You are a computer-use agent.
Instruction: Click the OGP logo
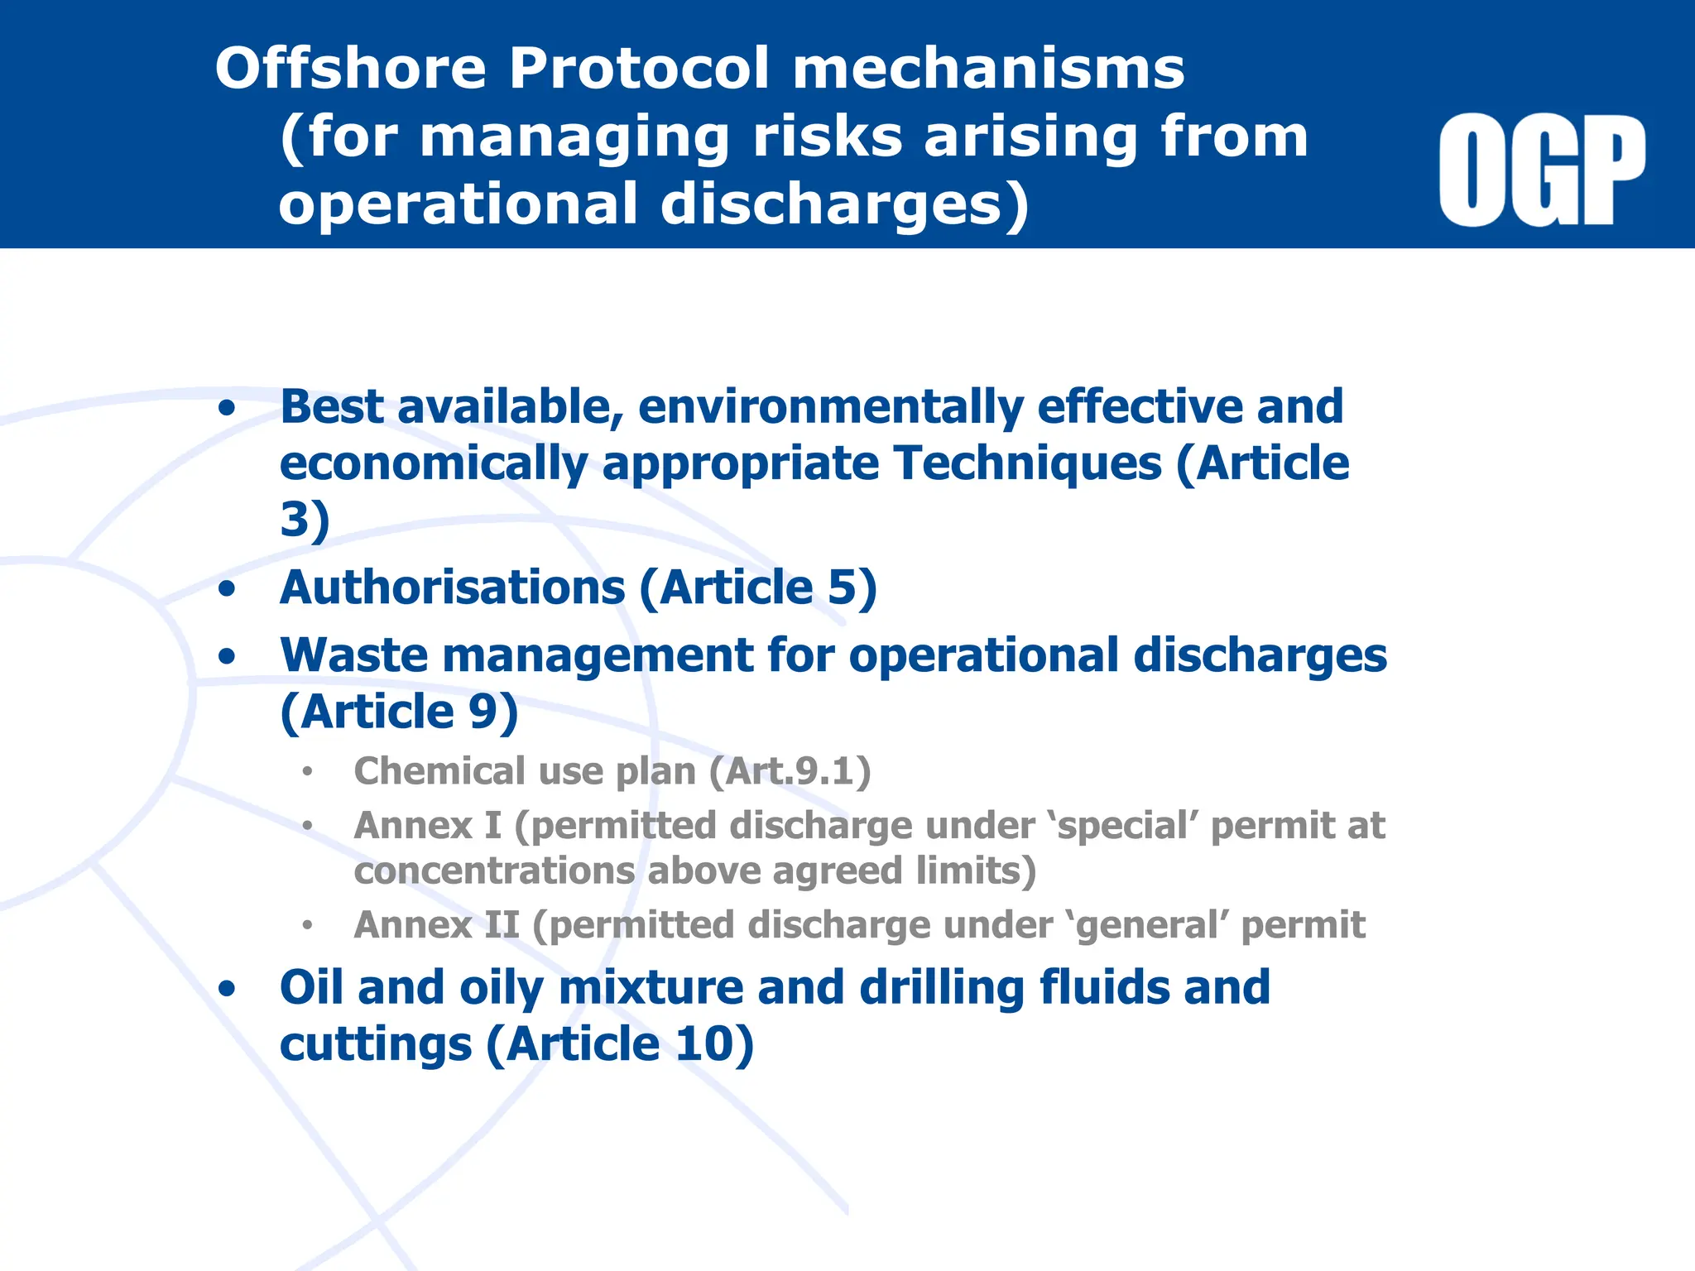(x=1542, y=170)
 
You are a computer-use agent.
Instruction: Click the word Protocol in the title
(x=639, y=68)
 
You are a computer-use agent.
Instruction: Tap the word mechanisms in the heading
(x=988, y=68)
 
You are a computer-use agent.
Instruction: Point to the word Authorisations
(x=452, y=588)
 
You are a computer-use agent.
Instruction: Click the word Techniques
(x=1026, y=463)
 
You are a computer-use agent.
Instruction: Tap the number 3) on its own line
(x=305, y=520)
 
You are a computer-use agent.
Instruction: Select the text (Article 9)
(x=399, y=712)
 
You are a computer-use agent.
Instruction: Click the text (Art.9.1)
(x=790, y=771)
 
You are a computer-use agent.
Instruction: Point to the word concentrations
(x=494, y=871)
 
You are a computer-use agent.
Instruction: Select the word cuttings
(x=375, y=1044)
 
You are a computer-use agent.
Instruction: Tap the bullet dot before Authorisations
(x=227, y=589)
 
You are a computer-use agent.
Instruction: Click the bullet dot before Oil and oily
(x=227, y=989)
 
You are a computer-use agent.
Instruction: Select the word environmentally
(x=830, y=407)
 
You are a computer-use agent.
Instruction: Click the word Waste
(x=353, y=655)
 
